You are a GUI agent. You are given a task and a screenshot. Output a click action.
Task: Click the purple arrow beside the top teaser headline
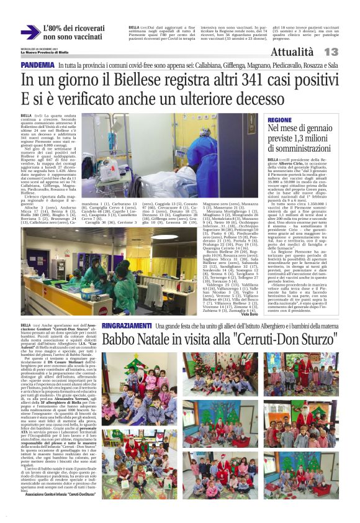coord(30,33)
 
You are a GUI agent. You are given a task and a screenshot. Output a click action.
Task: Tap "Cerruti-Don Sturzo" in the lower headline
coord(286,340)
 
